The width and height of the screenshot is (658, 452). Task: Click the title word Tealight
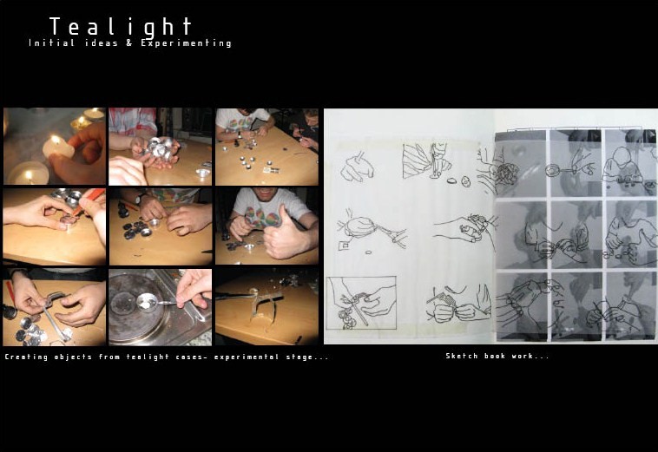[x=121, y=27]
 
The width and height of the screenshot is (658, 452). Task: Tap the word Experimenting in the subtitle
[x=186, y=43]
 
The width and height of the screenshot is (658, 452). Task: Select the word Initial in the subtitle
[x=51, y=43]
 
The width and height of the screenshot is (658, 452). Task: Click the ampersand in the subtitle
[x=128, y=43]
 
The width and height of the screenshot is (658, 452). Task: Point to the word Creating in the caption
[x=26, y=357]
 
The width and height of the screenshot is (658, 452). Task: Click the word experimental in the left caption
[x=246, y=357]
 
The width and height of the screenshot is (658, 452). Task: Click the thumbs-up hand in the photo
[x=286, y=235]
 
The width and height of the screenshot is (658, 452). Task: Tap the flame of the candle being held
[x=55, y=140]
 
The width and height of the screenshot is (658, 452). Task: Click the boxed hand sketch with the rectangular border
[x=361, y=303]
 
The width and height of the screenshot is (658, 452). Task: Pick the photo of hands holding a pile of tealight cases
[x=160, y=147]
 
